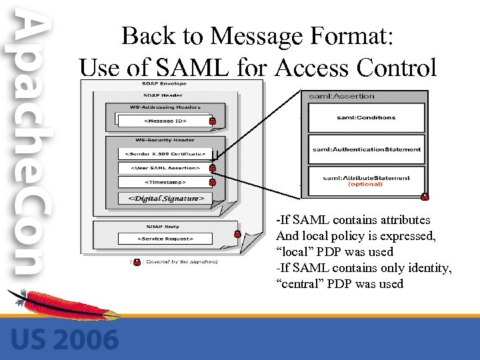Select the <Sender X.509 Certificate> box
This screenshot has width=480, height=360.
[164, 154]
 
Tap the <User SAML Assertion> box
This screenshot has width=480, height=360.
[164, 168]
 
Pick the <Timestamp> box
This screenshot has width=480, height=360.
[164, 181]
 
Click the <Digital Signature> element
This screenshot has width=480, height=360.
[164, 198]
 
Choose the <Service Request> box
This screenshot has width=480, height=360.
[164, 238]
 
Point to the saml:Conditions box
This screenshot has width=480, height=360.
[366, 117]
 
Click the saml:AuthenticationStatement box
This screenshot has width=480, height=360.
[366, 149]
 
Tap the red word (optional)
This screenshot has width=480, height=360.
[365, 185]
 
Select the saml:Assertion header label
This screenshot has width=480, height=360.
[342, 96]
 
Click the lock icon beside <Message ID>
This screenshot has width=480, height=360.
[212, 121]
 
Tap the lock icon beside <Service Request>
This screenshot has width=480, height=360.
[237, 234]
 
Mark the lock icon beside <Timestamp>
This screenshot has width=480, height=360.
[212, 181]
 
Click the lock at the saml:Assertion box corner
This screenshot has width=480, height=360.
[425, 197]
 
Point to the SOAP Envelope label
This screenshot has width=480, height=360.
[164, 83]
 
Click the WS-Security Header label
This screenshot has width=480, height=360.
[164, 139]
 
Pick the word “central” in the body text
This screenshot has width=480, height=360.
[299, 284]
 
